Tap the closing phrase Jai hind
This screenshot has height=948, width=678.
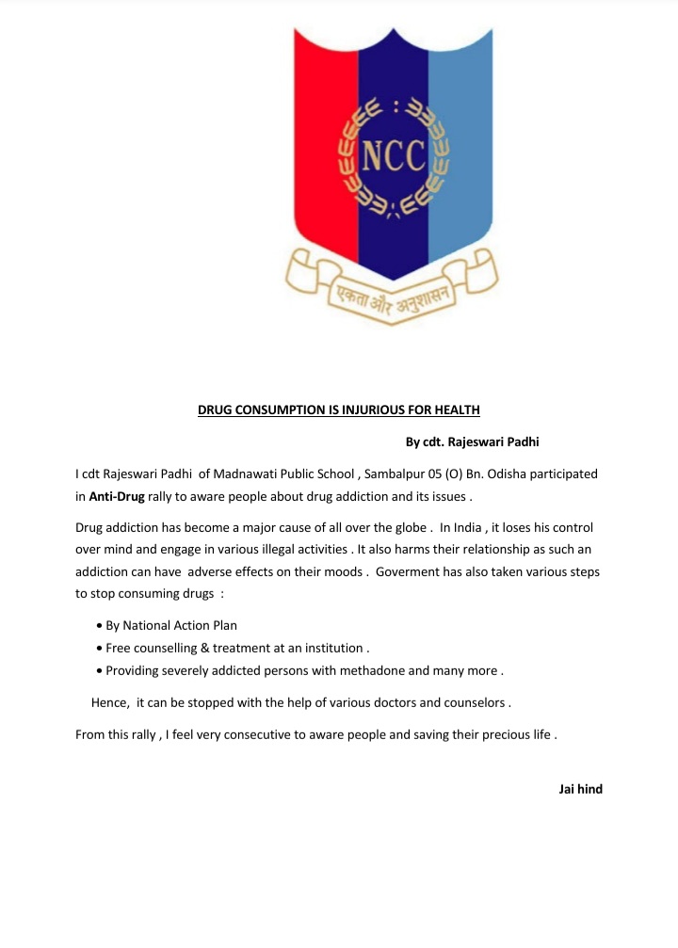pyautogui.click(x=580, y=789)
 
